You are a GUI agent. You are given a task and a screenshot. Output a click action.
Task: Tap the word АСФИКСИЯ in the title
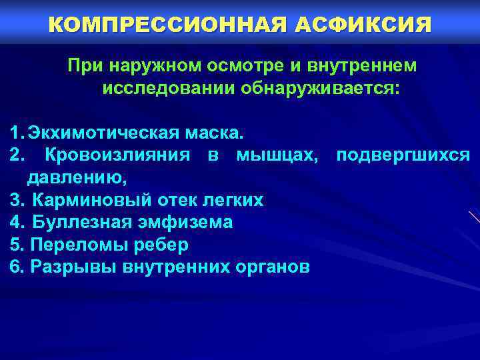[361, 25]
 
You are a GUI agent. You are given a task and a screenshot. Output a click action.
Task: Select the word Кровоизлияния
[117, 155]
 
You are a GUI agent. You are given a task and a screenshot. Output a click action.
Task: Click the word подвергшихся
[403, 155]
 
